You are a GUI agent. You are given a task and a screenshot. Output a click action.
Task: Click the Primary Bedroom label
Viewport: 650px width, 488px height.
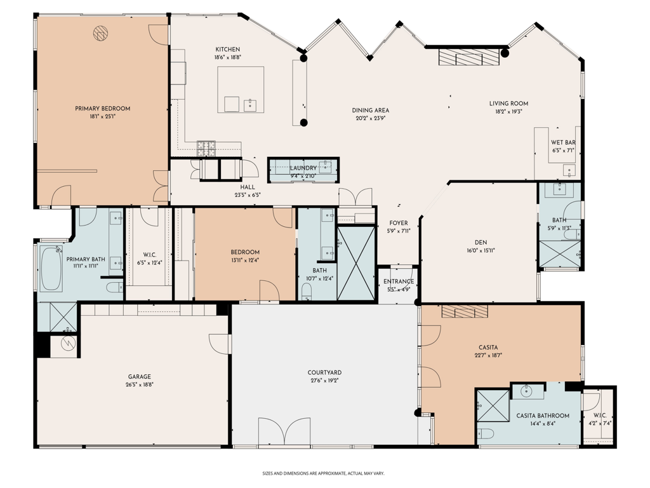pos(102,109)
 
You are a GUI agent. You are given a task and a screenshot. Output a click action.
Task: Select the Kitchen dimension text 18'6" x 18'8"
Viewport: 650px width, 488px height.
pos(227,57)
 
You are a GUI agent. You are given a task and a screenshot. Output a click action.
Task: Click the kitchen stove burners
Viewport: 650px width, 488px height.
pos(206,147)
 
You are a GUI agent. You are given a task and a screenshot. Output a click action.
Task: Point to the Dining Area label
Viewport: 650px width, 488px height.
pos(370,110)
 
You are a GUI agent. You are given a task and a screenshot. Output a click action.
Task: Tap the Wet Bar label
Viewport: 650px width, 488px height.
pos(562,143)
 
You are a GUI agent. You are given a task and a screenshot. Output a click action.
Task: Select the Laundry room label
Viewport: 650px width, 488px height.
pos(303,168)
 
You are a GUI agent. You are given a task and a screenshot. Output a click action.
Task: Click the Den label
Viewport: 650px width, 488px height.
pos(481,242)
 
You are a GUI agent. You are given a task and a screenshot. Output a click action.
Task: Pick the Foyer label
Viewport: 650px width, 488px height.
pos(398,223)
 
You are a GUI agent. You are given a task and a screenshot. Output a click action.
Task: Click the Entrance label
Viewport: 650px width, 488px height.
pos(399,281)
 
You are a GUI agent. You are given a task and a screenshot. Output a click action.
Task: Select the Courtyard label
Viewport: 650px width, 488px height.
pos(324,372)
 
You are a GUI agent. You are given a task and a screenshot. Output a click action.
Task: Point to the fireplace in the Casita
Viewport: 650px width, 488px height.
pos(465,311)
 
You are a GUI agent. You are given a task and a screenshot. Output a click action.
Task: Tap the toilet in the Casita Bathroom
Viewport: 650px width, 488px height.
pos(486,434)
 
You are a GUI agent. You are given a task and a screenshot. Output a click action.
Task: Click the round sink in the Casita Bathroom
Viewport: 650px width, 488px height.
pos(527,391)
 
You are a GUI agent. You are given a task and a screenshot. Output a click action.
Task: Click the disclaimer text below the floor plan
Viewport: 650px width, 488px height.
pos(324,473)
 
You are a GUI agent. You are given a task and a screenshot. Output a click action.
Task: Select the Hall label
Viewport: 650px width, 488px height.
pos(247,187)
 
